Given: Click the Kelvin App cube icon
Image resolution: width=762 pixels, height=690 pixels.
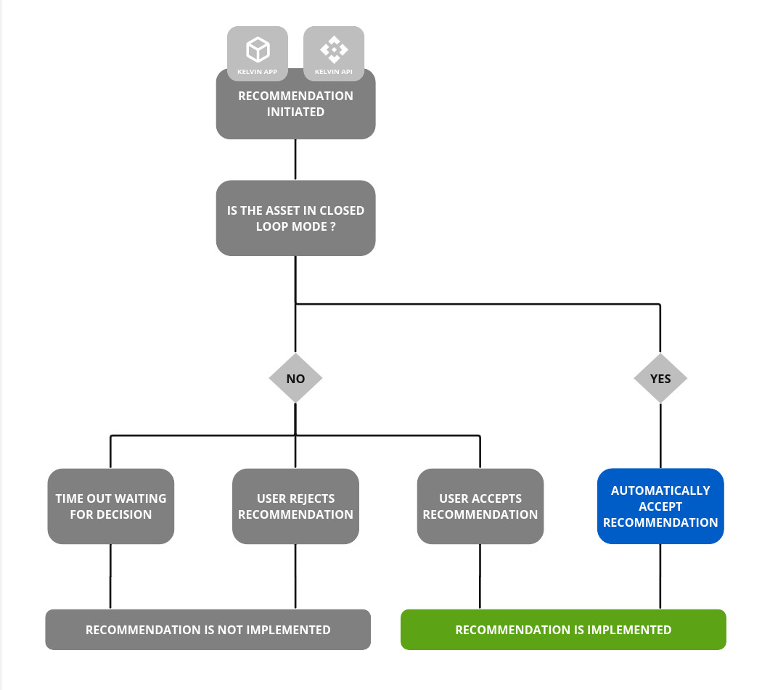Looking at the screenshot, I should click(x=258, y=49).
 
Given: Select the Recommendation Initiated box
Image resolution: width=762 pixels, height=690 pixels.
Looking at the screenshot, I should click(x=295, y=104).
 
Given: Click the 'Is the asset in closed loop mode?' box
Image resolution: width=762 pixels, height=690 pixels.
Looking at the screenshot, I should click(x=295, y=218).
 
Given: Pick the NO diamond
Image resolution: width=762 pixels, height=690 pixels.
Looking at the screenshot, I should click(x=295, y=379).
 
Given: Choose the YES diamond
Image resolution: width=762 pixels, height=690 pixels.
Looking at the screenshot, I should click(x=660, y=379).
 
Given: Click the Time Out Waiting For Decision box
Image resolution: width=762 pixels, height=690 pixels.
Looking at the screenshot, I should click(x=111, y=506).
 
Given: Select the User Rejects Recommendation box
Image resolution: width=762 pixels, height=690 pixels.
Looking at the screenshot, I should click(x=295, y=506).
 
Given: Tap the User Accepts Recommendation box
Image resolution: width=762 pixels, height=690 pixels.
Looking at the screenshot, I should click(x=480, y=506).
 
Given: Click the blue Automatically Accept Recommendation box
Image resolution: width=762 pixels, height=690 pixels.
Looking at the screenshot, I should click(x=660, y=506).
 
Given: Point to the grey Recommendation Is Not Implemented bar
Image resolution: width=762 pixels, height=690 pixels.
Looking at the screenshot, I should click(x=208, y=630).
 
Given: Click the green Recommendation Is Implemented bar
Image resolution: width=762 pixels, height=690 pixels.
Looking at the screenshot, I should click(x=563, y=630).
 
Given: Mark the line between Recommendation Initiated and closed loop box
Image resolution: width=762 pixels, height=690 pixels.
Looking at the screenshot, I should click(x=295, y=160).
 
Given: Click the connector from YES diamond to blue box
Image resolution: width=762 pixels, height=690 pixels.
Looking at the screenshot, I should click(x=660, y=435).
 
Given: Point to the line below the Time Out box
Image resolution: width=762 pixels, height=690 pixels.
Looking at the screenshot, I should click(x=110, y=576).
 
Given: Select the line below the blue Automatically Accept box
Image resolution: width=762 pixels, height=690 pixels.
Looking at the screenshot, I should click(x=660, y=576).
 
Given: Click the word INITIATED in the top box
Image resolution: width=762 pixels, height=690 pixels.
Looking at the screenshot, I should click(x=295, y=112).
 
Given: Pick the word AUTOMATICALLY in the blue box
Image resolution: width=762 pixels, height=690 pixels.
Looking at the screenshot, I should click(x=660, y=491).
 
